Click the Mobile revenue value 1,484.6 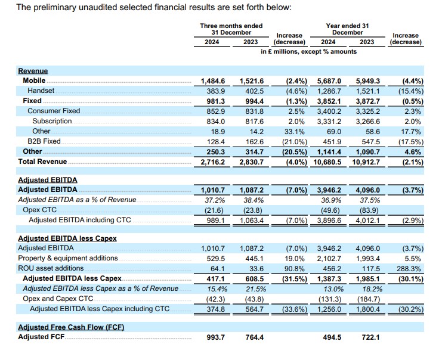(212, 80)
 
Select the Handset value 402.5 (251, 91)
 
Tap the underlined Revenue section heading (33, 70)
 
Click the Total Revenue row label (43, 162)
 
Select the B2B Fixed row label (44, 141)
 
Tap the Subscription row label (52, 121)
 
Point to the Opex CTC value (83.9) (367, 210)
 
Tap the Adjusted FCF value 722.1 (367, 337)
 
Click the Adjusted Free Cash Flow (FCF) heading (70, 327)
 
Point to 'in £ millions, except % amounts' (308, 51)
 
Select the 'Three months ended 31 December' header (231, 29)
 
